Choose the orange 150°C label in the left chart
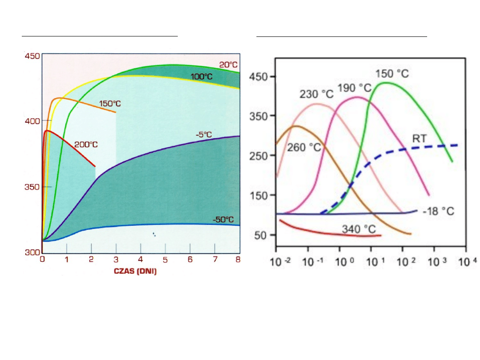coord(110,104)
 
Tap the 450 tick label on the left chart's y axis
coord(32,56)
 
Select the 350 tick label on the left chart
coord(32,187)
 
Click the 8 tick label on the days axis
coord(239,260)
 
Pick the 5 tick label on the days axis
coord(165,260)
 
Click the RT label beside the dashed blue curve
coord(419,139)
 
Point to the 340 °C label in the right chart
coord(359,229)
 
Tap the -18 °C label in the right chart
coord(438,211)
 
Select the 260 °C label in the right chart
coord(304,147)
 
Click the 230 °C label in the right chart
coord(316,94)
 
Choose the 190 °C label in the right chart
coord(355,88)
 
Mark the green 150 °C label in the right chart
coord(392,73)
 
